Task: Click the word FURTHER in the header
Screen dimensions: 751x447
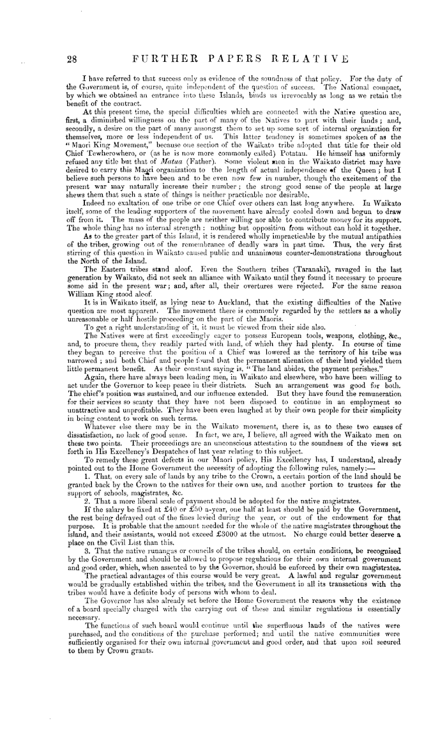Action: pos(160,59)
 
